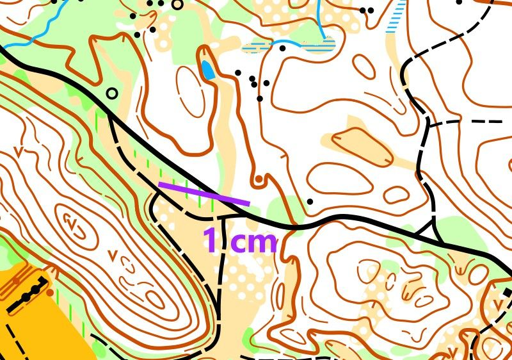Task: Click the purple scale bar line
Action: [204, 194]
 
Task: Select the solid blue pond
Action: [208, 70]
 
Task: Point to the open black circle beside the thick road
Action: [112, 94]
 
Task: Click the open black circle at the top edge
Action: [177, 4]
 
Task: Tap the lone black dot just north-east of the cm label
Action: [310, 202]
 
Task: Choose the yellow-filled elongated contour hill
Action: [362, 145]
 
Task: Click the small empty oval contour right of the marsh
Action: [363, 66]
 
